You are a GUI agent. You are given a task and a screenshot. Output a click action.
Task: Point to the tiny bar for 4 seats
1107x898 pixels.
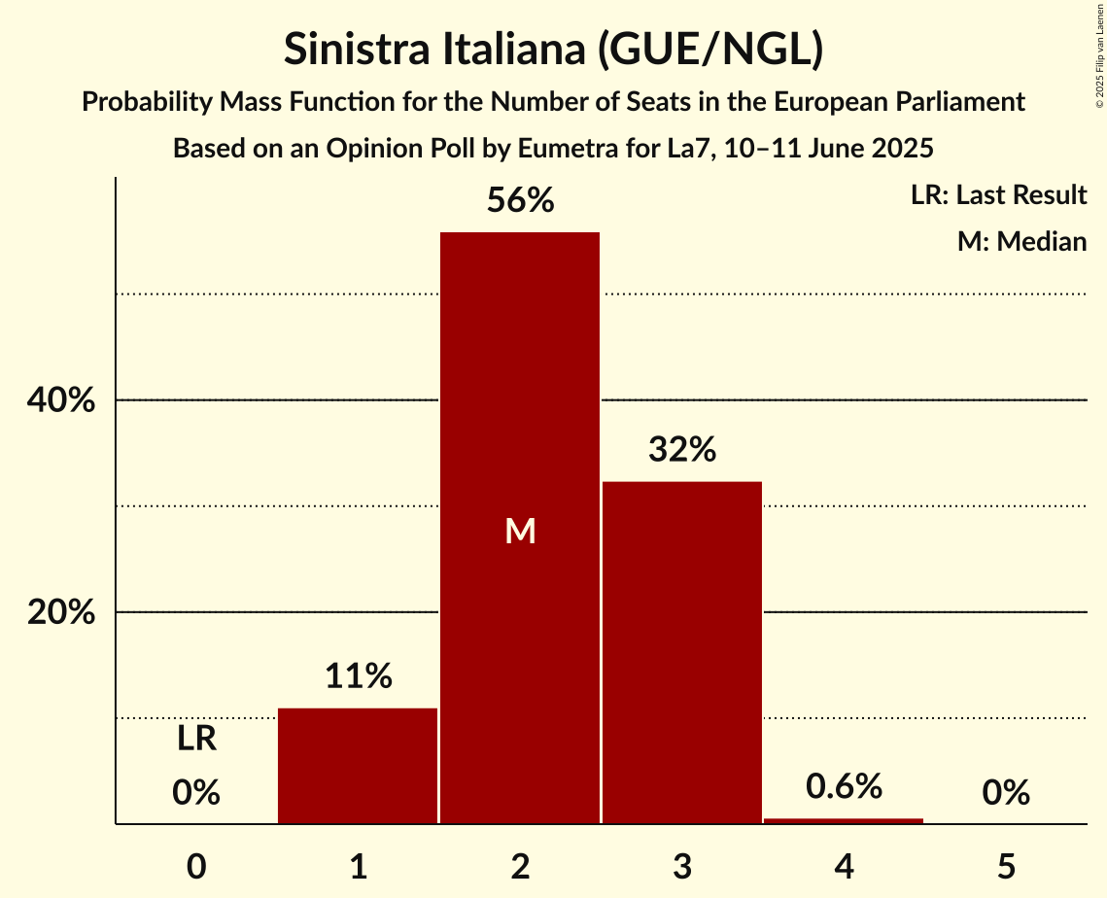pyautogui.click(x=844, y=820)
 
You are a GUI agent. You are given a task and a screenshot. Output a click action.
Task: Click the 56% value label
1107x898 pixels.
pyautogui.click(x=520, y=201)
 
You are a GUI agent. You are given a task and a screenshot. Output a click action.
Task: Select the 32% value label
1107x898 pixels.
pyautogui.click(x=682, y=450)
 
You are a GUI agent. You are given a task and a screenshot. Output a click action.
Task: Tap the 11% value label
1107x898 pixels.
pyautogui.click(x=358, y=676)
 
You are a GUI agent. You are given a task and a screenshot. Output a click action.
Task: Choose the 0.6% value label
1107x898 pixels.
pyautogui.click(x=844, y=786)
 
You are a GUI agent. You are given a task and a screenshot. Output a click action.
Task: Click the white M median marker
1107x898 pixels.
pyautogui.click(x=521, y=531)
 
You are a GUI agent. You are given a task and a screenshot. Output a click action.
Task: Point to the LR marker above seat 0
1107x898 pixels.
pyautogui.click(x=196, y=740)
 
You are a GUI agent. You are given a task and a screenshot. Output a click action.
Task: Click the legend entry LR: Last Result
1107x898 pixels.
pyautogui.click(x=998, y=195)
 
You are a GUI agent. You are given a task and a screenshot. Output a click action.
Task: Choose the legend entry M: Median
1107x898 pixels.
pyautogui.click(x=1021, y=241)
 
